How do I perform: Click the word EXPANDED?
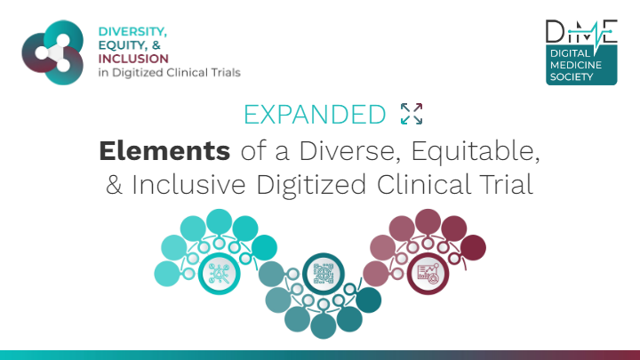pos(315,115)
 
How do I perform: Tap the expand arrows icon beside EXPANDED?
pos(412,114)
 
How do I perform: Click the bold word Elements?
pos(164,150)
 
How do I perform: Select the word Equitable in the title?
pos(476,151)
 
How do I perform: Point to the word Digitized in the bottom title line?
pos(311,185)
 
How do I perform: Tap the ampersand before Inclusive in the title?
pos(114,185)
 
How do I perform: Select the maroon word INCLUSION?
pos(133,59)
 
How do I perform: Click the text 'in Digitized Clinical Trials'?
pos(170,73)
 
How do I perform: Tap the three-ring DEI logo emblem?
pos(52,52)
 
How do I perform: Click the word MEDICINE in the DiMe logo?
pos(576,65)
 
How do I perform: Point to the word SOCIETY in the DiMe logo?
pos(572,76)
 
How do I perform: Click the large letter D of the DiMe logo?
pos(556,31)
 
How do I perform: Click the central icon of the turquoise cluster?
pos(220,274)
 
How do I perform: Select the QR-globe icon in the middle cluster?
pos(324,274)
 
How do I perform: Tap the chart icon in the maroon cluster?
pos(428,274)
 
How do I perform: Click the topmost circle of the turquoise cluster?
pos(220,221)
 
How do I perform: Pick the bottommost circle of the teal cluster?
pos(324,325)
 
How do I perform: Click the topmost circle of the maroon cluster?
pos(428,221)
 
